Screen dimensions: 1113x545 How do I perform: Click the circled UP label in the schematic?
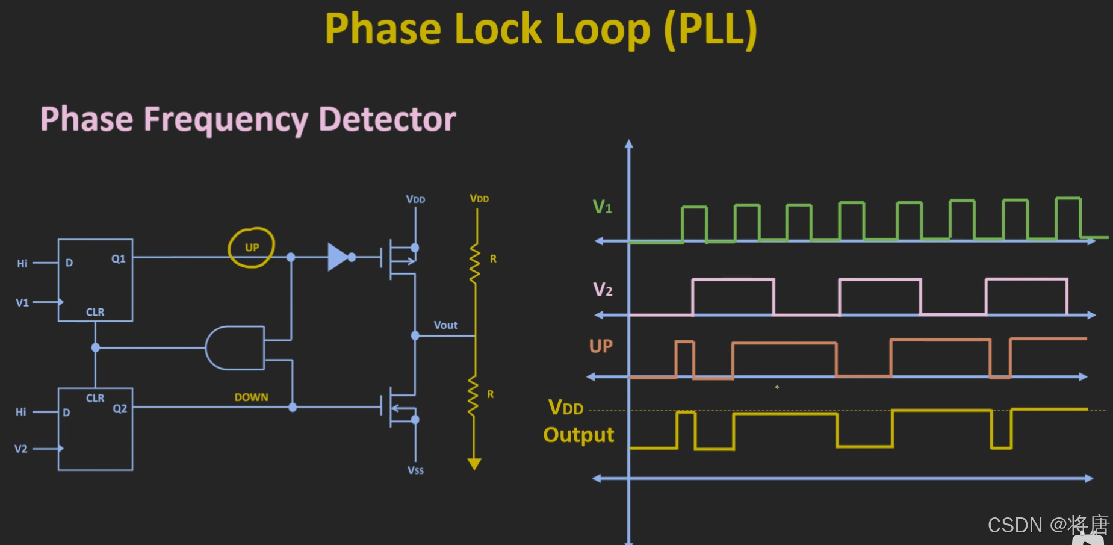click(x=252, y=248)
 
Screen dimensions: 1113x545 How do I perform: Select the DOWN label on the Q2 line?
click(x=252, y=397)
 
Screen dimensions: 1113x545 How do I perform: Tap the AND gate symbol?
click(x=235, y=348)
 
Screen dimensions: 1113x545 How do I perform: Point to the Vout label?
click(x=445, y=325)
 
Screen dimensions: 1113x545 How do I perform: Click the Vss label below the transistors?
click(x=415, y=470)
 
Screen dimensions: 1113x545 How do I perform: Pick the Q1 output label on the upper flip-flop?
click(x=119, y=259)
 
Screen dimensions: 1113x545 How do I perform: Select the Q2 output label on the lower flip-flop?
click(x=120, y=408)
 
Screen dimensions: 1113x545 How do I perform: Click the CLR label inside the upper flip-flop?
click(x=95, y=312)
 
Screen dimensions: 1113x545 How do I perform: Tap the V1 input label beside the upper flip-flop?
click(x=22, y=302)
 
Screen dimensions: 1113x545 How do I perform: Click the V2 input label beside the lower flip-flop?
click(x=21, y=449)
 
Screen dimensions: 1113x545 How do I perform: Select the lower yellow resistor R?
click(x=474, y=396)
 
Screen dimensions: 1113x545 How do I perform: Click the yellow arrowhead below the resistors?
click(x=474, y=464)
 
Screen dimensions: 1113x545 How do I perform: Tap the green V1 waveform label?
click(x=603, y=207)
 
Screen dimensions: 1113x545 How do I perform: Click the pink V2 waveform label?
click(x=603, y=290)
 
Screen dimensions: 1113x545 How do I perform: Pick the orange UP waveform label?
click(x=601, y=346)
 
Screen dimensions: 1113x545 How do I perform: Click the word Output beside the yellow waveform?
click(x=578, y=435)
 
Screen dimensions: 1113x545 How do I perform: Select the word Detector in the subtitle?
click(x=387, y=119)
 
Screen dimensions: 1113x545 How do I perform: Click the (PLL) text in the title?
click(x=710, y=29)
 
